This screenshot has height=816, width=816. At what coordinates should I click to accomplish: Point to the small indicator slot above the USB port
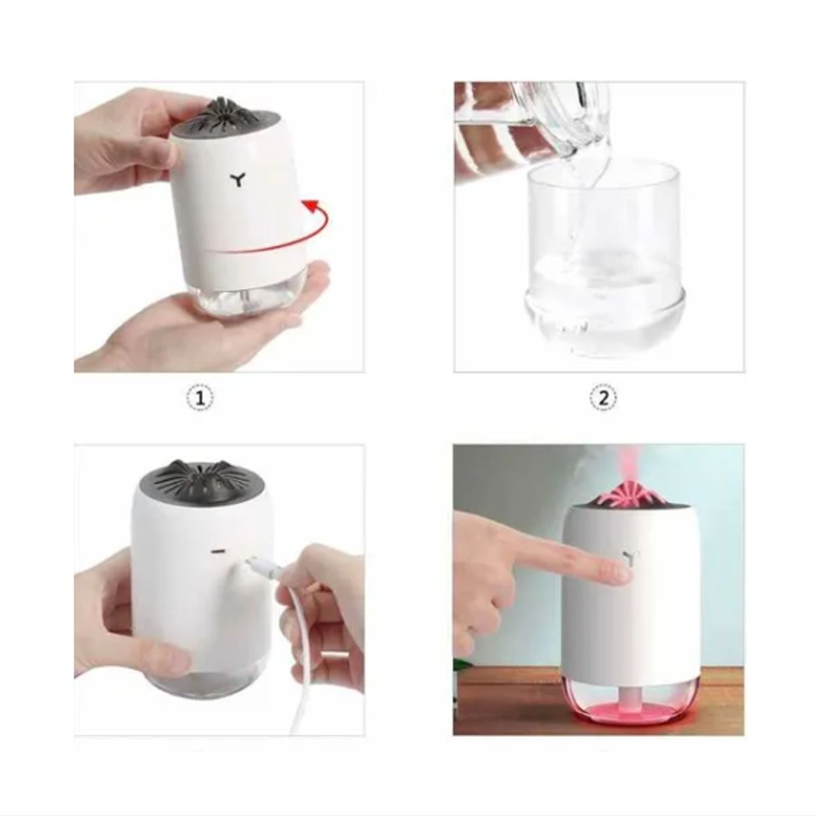[x=219, y=548]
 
